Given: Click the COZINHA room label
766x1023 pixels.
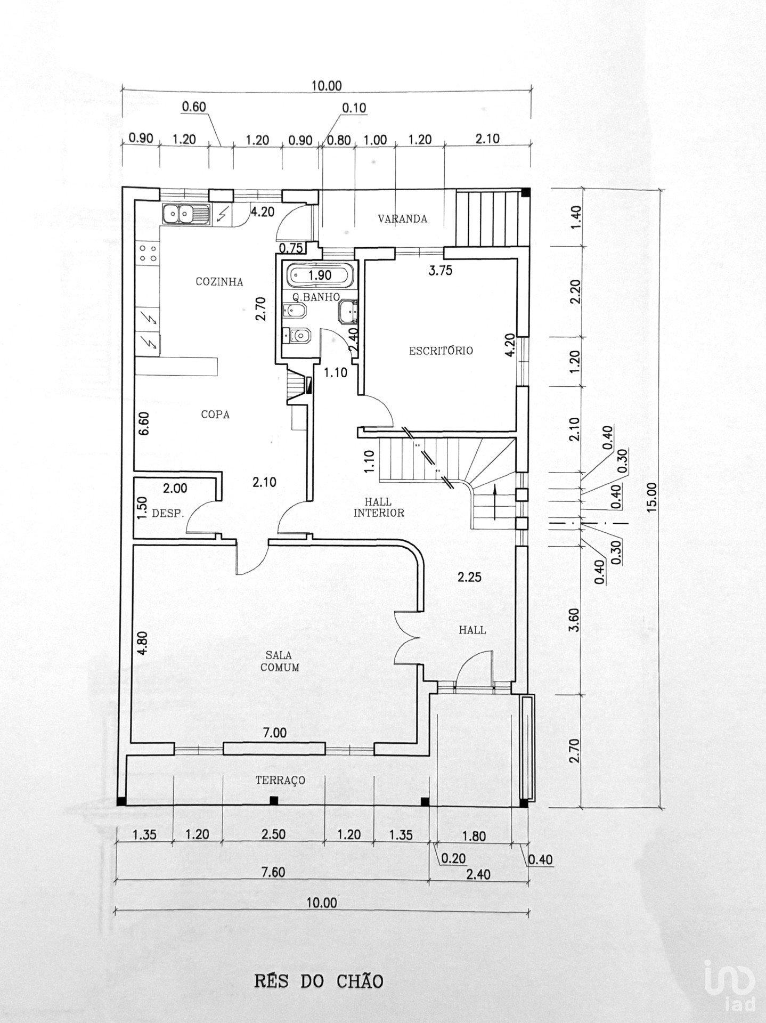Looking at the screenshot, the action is (219, 282).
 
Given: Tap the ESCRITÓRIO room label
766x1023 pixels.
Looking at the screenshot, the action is (441, 351).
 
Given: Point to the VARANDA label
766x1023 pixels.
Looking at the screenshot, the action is (402, 218).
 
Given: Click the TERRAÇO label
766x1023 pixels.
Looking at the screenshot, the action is (280, 780).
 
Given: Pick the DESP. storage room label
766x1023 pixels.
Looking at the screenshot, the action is (168, 514).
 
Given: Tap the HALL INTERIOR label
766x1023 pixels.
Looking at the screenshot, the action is (378, 507).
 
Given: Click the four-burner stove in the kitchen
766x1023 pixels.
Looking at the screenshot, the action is (148, 253).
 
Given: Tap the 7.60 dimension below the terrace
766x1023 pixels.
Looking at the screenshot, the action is (274, 872).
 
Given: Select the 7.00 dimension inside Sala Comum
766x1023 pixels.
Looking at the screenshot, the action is (274, 733).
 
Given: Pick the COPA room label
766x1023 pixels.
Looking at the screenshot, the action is (215, 414).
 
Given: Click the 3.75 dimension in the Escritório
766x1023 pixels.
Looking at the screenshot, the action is (441, 270).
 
